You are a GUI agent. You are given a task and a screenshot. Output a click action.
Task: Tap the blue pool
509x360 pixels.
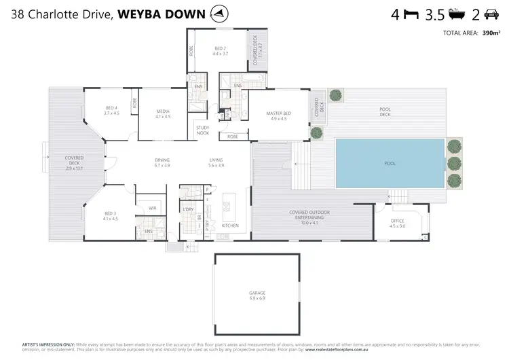click(x=389, y=164)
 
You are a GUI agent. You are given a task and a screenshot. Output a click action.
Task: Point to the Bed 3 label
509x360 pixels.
click(x=110, y=216)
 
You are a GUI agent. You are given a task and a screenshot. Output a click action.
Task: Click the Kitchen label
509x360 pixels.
click(x=230, y=226)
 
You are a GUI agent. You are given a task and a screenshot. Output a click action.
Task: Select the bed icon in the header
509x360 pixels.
click(x=411, y=14)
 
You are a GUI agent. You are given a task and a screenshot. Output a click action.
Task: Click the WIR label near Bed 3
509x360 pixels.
click(x=152, y=208)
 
